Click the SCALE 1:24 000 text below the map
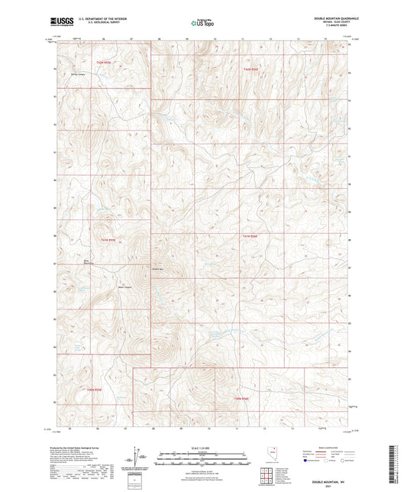(203, 447)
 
